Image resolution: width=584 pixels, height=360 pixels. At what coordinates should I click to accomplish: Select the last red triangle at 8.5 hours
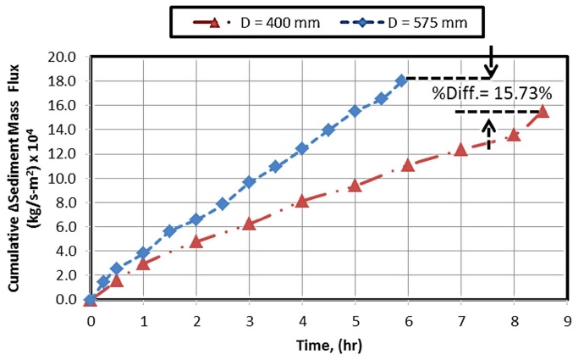542,112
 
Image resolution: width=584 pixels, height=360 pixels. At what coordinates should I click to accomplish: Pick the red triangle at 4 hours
302,201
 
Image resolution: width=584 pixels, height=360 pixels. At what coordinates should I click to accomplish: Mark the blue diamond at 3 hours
249,182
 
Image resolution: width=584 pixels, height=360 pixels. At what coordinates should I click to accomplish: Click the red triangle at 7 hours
461,149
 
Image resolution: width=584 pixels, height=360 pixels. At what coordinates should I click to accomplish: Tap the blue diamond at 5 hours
355,111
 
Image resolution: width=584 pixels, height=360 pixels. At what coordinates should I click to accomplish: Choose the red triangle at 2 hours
196,241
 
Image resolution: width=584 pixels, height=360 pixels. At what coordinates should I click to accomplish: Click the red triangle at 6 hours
408,165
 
